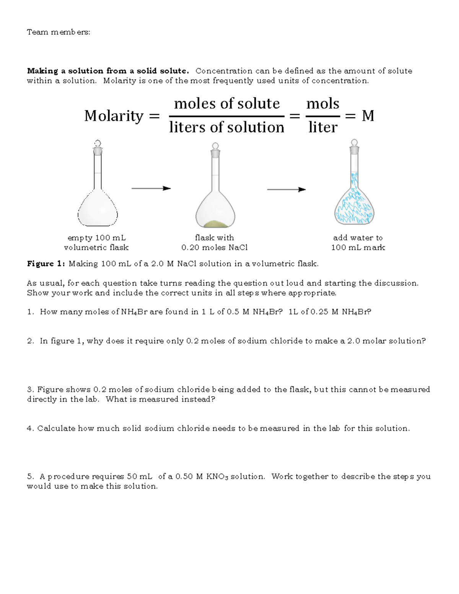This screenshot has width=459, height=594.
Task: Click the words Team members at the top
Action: pos(59,32)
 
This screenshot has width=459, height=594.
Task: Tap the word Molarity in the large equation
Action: pos(114,116)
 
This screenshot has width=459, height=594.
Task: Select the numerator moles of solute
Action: pos(227,104)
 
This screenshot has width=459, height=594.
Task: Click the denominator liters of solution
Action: pos(227,127)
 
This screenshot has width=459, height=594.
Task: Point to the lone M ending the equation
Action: pos(368,116)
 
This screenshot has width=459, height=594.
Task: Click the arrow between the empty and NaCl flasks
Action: pos(151,188)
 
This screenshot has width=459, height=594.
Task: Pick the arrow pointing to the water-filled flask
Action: pos(286,189)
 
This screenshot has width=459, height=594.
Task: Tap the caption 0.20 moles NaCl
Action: pos(215,247)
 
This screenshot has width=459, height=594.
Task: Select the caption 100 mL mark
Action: pos(358,247)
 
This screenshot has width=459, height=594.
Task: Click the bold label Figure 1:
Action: pos(46,264)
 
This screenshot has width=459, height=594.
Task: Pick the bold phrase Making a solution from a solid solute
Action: pos(108,71)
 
